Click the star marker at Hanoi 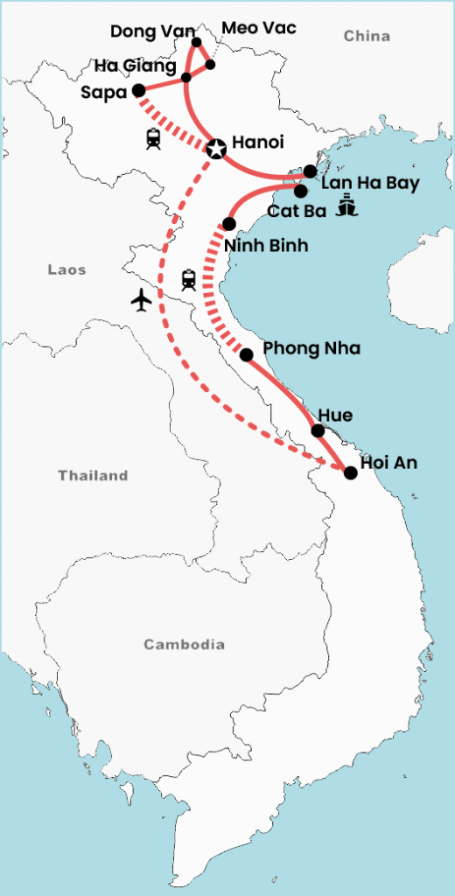click(x=215, y=148)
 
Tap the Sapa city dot click(x=138, y=90)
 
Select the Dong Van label click(x=152, y=32)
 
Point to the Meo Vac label click(x=259, y=28)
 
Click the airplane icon click(x=141, y=299)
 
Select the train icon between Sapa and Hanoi click(x=154, y=137)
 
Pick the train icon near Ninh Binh click(x=188, y=280)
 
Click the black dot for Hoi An click(x=351, y=473)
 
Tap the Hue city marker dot click(x=318, y=430)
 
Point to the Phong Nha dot click(x=247, y=354)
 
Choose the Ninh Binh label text click(x=266, y=246)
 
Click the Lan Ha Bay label click(x=370, y=184)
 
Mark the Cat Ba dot click(x=300, y=190)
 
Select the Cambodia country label click(x=184, y=645)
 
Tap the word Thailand click(x=93, y=476)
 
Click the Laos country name click(x=66, y=270)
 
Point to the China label click(x=367, y=37)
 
